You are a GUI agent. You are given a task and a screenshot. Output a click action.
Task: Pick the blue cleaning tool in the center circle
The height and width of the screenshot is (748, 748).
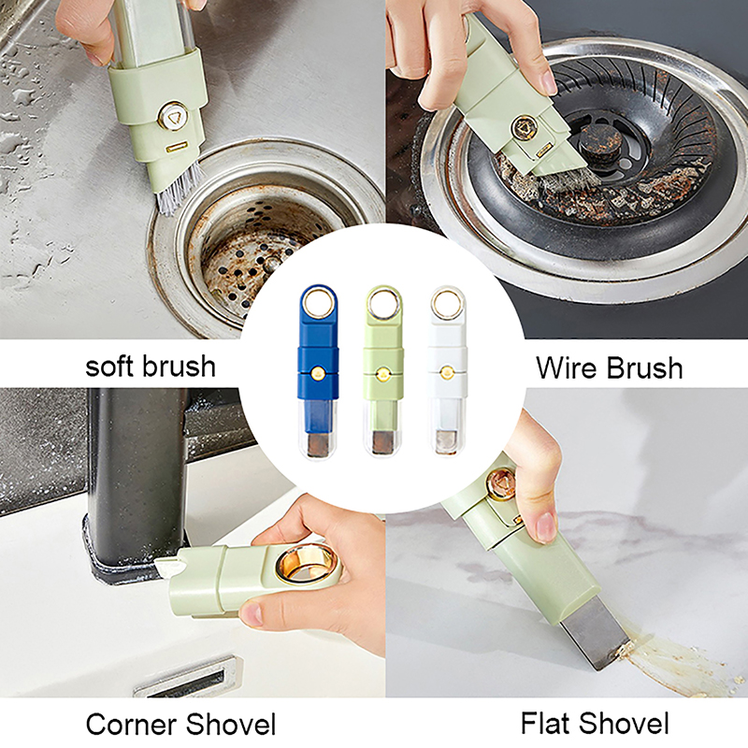point(318,371)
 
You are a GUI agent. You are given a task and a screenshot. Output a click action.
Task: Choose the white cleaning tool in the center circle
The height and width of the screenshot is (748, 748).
point(448,371)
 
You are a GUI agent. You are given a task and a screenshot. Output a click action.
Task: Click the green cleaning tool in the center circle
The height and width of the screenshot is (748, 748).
point(383,371)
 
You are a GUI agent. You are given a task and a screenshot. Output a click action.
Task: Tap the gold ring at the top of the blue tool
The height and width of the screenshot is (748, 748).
point(318,302)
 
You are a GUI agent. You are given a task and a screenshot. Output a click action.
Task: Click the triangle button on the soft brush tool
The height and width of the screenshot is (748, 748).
point(173,116)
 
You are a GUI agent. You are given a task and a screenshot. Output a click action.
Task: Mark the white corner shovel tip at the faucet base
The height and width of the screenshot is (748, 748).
point(165,567)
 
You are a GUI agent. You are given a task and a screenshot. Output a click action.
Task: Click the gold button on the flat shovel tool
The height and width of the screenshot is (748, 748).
point(500,483)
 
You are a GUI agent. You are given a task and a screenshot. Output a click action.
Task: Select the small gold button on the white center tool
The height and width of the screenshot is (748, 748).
point(448,372)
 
